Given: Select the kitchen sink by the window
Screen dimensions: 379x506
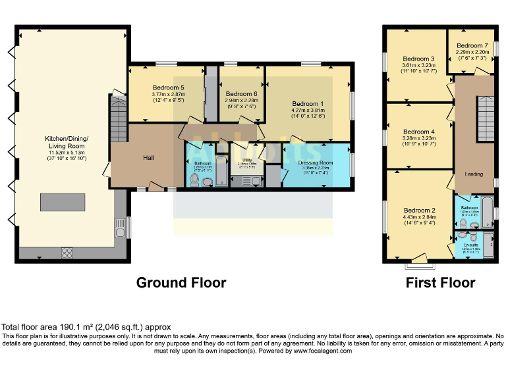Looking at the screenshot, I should click(121, 229).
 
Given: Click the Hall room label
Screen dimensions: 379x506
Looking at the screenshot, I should click(149, 158).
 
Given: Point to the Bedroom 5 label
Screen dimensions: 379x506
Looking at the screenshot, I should click(168, 88).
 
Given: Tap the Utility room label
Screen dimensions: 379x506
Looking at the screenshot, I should click(242, 160).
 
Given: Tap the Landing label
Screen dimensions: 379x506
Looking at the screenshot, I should click(474, 174).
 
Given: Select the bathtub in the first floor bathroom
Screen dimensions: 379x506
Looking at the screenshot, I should click(487, 209).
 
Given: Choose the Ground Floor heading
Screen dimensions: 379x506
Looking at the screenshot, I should click(181, 283).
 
